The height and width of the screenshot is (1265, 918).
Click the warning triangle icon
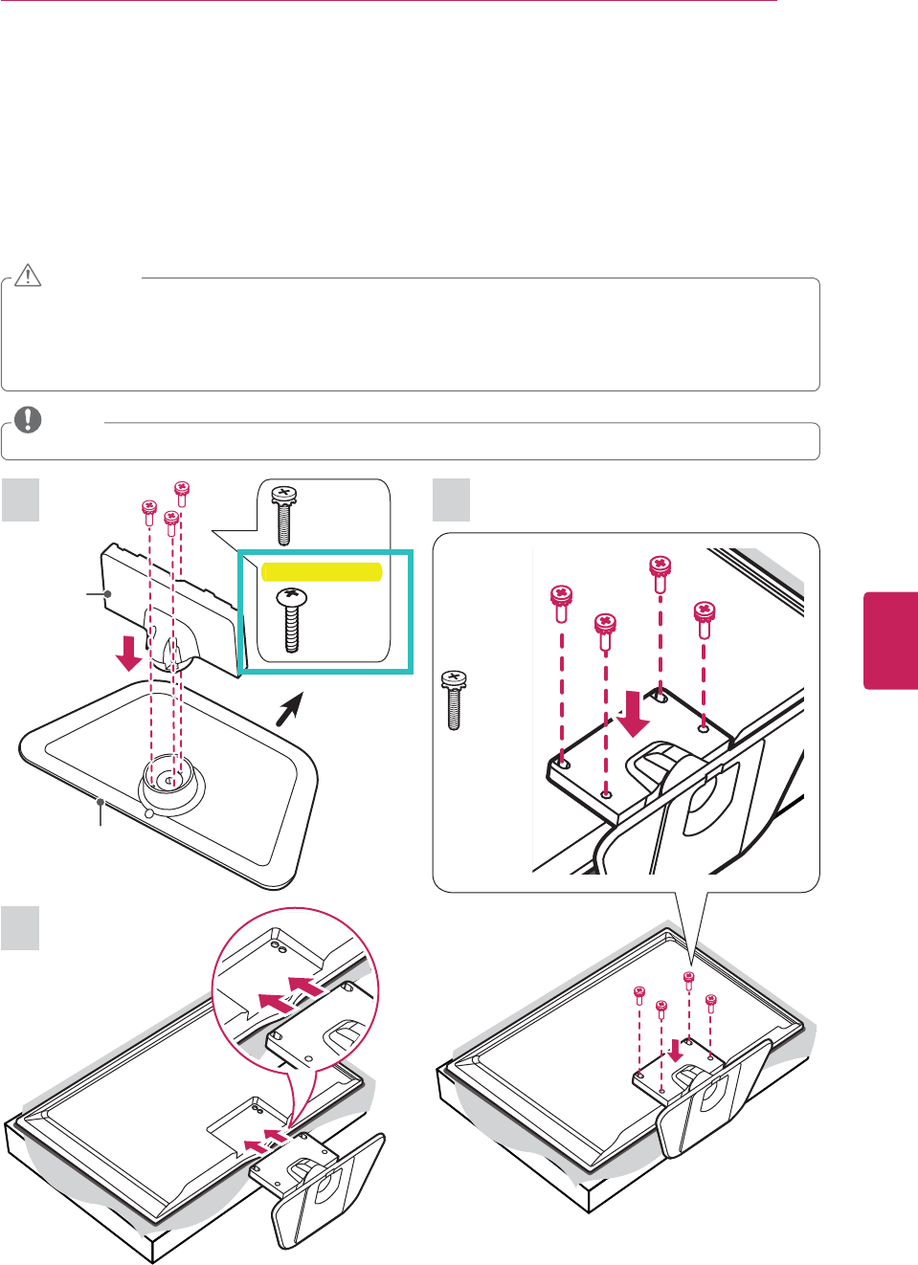[28, 276]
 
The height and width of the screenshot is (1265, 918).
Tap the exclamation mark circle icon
[29, 420]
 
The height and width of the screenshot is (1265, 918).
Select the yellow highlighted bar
[322, 572]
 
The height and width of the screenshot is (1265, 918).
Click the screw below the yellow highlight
[291, 620]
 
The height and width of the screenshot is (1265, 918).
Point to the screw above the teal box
[283, 515]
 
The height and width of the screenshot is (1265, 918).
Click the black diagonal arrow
[290, 709]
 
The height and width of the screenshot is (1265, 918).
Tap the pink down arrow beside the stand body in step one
[127, 654]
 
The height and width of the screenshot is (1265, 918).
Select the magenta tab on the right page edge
[890, 640]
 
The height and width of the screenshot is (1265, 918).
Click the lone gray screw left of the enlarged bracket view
[454, 700]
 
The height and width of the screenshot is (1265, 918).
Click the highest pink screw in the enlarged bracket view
[661, 573]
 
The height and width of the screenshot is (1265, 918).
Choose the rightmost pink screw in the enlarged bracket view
[705, 618]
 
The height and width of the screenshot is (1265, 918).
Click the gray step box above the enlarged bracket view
[452, 499]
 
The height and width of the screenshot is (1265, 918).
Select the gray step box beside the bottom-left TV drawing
[20, 928]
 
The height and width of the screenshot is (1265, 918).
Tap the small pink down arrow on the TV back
[676, 1051]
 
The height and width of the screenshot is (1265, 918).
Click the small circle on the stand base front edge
[148, 812]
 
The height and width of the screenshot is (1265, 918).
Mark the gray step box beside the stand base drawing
[20, 499]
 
